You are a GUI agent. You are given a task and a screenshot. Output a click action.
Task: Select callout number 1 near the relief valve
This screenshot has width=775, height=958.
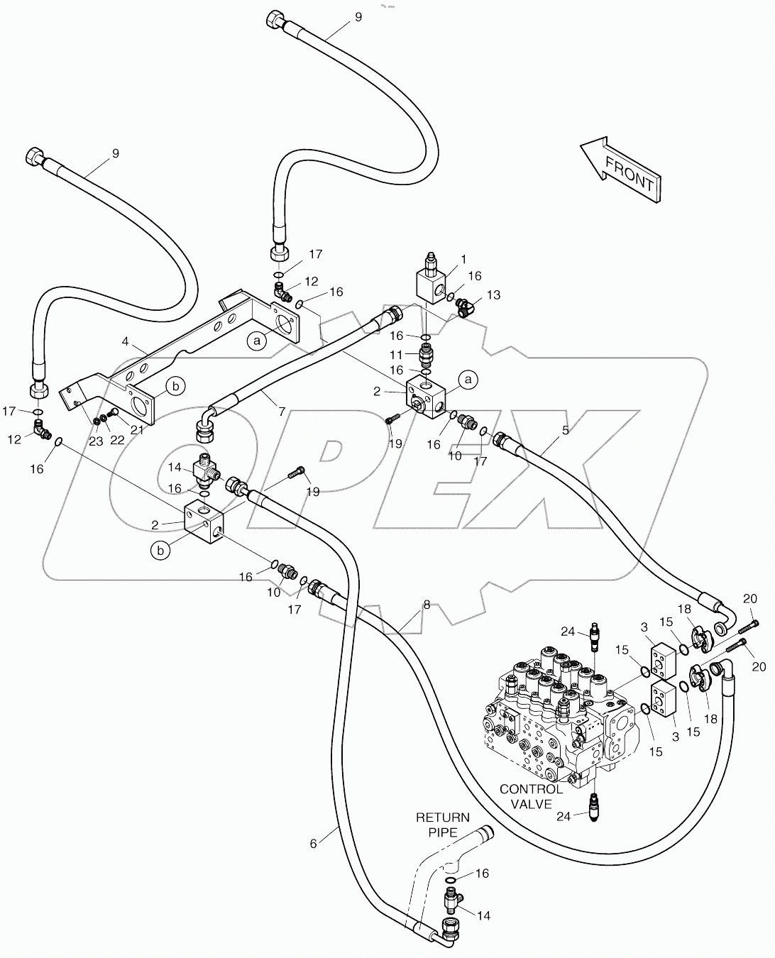pos(463,259)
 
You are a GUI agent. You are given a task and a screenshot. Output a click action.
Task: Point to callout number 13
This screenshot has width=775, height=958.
pos(493,295)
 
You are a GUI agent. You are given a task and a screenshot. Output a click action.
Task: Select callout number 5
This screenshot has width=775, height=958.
pos(565,429)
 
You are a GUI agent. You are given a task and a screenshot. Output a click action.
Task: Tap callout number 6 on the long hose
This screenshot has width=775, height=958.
pos(313,842)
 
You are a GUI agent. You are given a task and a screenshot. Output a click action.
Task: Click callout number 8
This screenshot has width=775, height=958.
pos(426,605)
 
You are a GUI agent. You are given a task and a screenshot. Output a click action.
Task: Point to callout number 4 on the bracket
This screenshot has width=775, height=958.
pos(125,341)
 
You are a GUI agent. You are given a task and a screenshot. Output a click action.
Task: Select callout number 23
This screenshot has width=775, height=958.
pos(96,441)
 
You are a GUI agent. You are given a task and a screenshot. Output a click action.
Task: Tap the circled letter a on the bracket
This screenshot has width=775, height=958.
pos(257,341)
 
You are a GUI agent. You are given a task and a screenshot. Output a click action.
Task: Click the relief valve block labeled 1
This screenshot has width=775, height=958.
pos(429,284)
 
